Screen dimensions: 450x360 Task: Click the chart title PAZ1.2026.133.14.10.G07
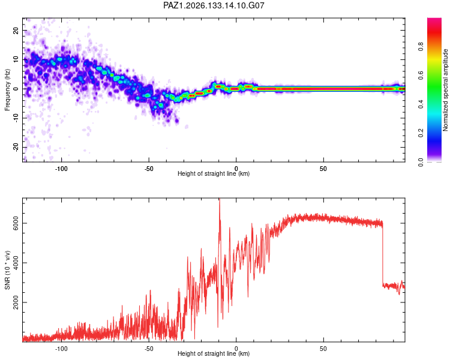coord(214,5)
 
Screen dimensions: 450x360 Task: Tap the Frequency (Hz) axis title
coord(7,89)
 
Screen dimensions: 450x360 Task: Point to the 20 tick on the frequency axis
coord(16,31)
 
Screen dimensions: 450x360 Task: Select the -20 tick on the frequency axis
coord(16,148)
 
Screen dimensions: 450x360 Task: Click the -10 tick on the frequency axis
coord(16,118)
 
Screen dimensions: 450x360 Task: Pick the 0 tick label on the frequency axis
coord(16,89)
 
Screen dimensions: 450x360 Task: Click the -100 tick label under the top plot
coord(61,169)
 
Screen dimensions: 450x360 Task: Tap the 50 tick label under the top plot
coord(323,169)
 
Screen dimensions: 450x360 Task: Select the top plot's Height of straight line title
coord(214,173)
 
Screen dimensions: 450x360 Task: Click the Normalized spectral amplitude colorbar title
coord(445,90)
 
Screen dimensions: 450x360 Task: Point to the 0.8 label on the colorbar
coord(421,46)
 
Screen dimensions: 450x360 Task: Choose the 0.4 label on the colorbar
coord(421,104)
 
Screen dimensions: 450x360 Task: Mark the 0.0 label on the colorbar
coord(421,162)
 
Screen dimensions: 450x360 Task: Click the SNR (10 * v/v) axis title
coord(7,270)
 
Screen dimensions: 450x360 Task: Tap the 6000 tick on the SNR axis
coord(16,223)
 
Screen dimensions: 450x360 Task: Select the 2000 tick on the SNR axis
coord(16,302)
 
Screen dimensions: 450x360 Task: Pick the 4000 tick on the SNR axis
coord(16,263)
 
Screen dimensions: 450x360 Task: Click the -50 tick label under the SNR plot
coord(149,349)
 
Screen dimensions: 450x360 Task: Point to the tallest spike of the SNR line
coord(220,199)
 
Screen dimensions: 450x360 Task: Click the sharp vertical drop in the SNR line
coord(383,254)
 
